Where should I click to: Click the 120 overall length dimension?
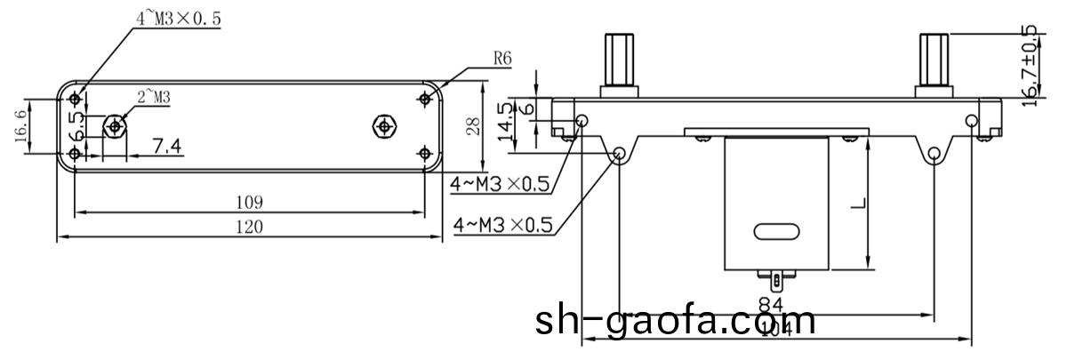pyautogui.click(x=250, y=227)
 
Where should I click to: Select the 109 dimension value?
pyautogui.click(x=250, y=202)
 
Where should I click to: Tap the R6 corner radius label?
pyautogui.click(x=502, y=60)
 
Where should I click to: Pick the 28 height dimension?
pyautogui.click(x=474, y=126)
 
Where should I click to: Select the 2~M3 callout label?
pyautogui.click(x=153, y=97)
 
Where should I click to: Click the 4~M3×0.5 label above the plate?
pyautogui.click(x=178, y=17)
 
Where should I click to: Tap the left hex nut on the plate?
pyautogui.click(x=114, y=126)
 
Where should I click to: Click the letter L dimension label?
pyautogui.click(x=857, y=204)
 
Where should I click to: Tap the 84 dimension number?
pyautogui.click(x=771, y=305)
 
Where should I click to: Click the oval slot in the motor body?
pyautogui.click(x=777, y=232)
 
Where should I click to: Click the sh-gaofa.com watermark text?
pyautogui.click(x=675, y=321)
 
